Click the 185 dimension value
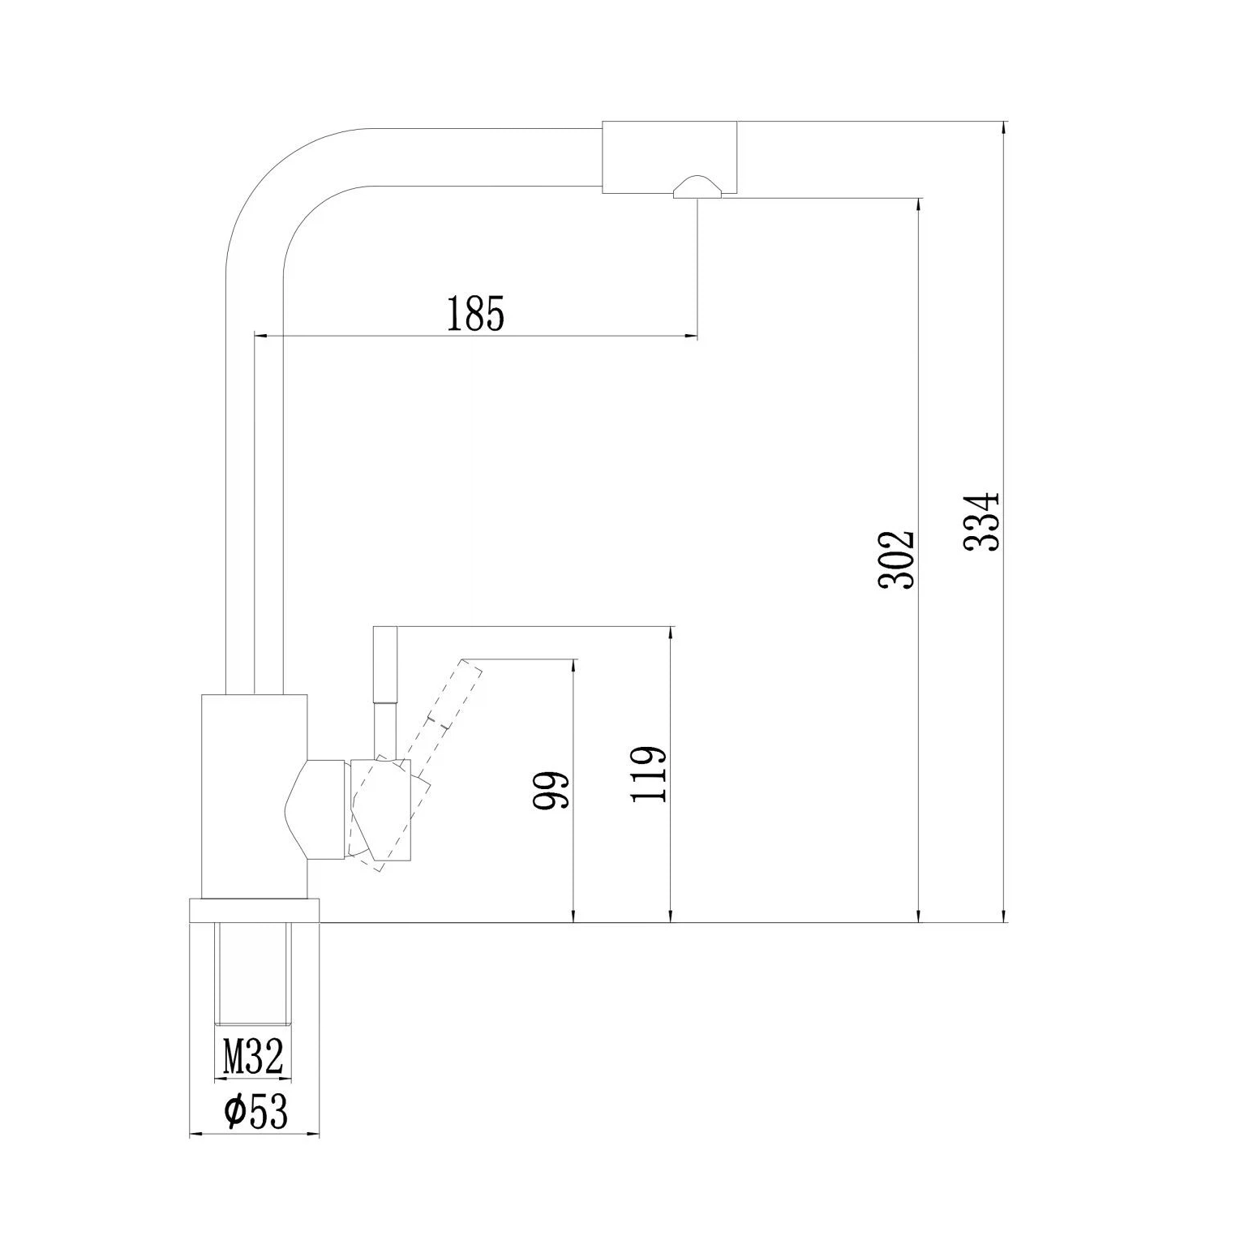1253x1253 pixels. click(475, 314)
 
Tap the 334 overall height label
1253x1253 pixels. click(983, 521)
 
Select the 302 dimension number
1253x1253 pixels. click(897, 560)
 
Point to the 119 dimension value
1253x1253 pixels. click(649, 774)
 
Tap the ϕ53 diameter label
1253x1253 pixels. click(256, 1113)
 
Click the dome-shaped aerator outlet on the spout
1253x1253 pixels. click(696, 187)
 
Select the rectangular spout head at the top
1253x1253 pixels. click(669, 157)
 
